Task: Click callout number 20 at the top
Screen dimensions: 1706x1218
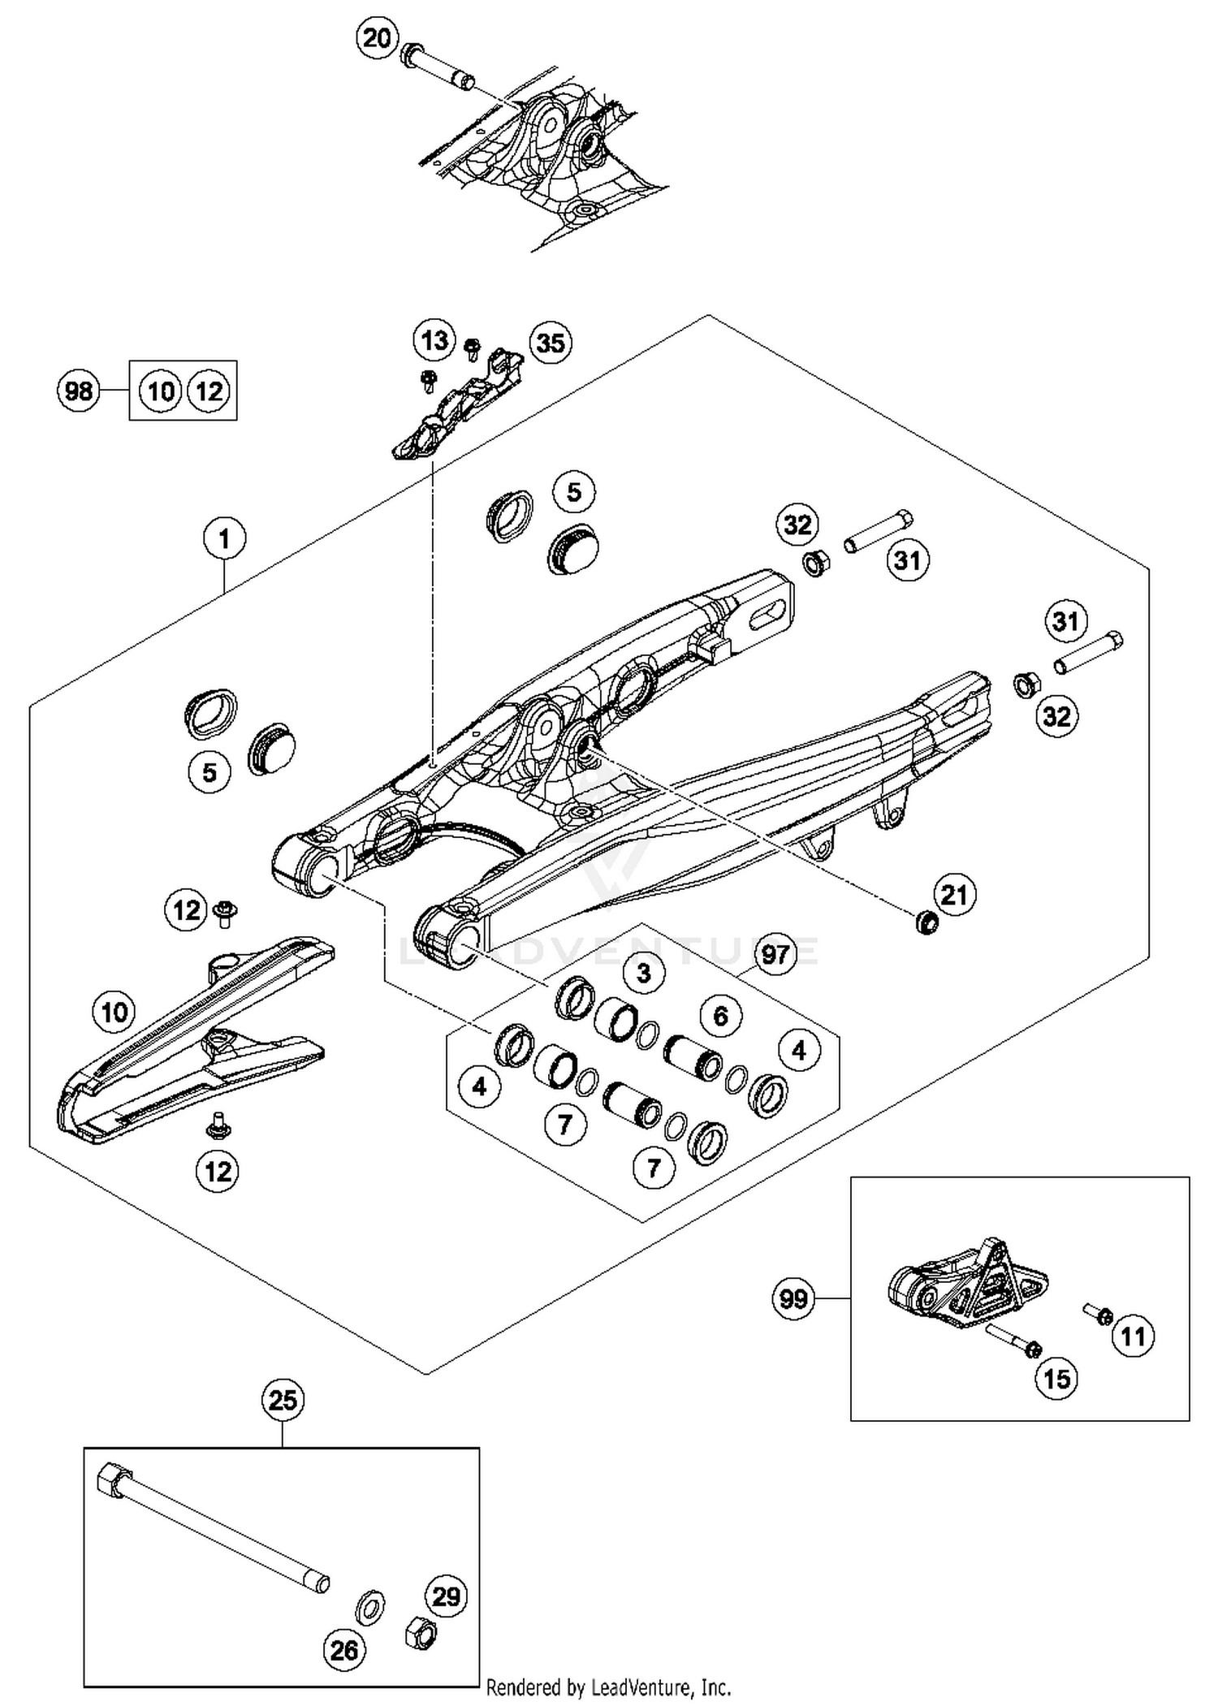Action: tap(376, 37)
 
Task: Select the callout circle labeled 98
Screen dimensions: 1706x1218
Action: tap(79, 391)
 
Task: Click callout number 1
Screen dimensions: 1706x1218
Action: tap(224, 538)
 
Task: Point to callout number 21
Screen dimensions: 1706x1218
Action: tap(953, 894)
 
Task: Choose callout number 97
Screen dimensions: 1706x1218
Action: tap(775, 954)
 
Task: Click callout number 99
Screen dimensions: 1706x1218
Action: tap(793, 1298)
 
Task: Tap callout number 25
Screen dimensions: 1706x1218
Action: tap(283, 1400)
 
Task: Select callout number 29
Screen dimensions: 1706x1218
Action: tap(446, 1596)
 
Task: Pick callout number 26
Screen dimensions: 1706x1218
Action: tap(343, 1649)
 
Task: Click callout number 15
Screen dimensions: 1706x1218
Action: tap(1056, 1378)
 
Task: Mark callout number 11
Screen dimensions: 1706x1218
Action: tap(1133, 1335)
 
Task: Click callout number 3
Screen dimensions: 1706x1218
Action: tap(644, 972)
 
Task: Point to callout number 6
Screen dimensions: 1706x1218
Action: tap(720, 1015)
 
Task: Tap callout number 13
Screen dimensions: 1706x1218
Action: tap(434, 340)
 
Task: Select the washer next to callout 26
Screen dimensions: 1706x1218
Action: tap(370, 1607)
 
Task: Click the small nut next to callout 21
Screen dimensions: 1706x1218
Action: tap(925, 922)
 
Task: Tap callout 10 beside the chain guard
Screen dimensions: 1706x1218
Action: tap(114, 1012)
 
